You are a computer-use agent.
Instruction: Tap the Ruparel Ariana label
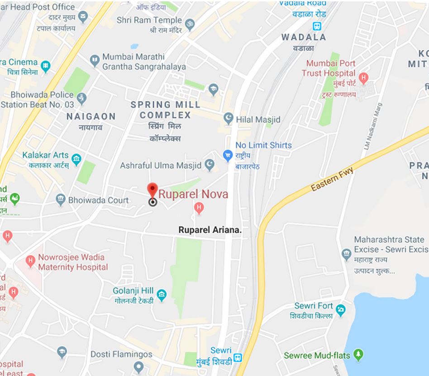(x=210, y=230)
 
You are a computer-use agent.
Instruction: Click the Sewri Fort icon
(x=341, y=310)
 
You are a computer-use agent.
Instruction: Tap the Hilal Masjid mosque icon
(x=229, y=119)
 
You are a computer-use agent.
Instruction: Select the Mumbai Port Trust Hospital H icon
(x=363, y=78)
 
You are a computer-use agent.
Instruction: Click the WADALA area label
(x=304, y=37)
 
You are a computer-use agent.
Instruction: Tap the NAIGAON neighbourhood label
(x=91, y=117)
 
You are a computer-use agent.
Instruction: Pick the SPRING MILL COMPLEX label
(x=165, y=110)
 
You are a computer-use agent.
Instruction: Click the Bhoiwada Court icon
(x=60, y=199)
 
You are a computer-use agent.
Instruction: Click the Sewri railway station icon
(x=238, y=358)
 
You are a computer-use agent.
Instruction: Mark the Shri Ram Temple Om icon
(x=189, y=21)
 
